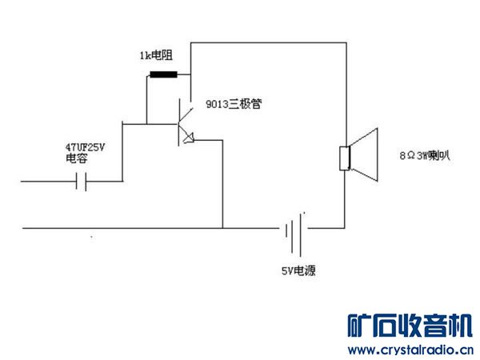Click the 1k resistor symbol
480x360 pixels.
(163, 76)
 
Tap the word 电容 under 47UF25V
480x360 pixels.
(77, 160)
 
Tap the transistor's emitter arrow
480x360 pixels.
(188, 138)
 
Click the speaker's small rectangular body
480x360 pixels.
(346, 158)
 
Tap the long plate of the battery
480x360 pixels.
(303, 229)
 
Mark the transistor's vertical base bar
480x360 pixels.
(178, 124)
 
